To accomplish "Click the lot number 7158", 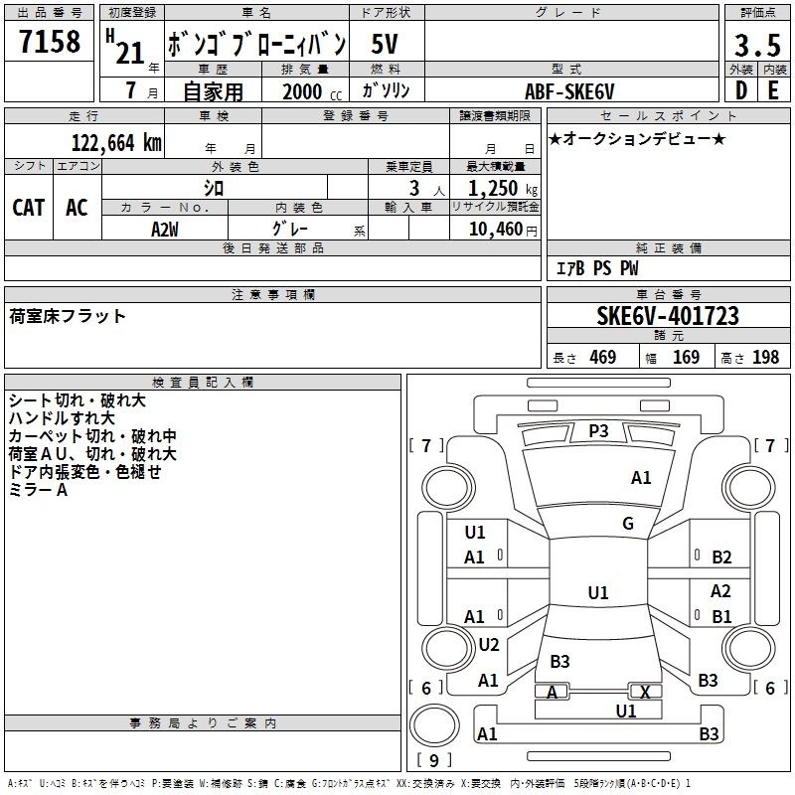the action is [50, 41].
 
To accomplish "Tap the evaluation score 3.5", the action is [757, 45].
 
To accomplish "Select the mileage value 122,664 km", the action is [116, 142].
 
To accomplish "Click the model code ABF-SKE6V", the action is [569, 91].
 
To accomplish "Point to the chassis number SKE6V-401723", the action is [668, 315].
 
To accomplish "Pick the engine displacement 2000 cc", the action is [312, 91].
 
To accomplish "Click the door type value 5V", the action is [385, 44].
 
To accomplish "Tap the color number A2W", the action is [165, 230].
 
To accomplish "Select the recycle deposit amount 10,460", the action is [496, 230].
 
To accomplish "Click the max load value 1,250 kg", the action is [503, 189].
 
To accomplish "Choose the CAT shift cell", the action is [29, 208].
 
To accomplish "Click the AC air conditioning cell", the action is [78, 208].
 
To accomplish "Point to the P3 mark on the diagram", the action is [598, 431].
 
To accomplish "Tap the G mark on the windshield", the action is [628, 523].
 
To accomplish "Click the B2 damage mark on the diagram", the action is [721, 557].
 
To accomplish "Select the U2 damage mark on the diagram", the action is [489, 644].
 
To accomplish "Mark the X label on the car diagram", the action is [645, 692].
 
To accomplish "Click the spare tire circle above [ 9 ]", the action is [434, 725].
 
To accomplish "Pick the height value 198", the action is [765, 358].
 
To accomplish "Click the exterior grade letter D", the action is [741, 90].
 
